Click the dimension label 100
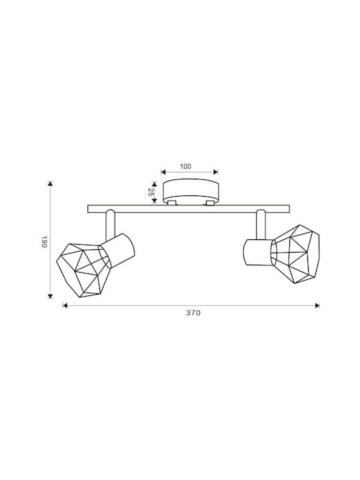pos(185,167)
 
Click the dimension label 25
pos(150,192)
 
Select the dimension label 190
pos(44,242)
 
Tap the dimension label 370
pos(193,313)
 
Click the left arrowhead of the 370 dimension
pos(65,305)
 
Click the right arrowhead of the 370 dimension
pos(317,305)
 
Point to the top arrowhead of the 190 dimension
pos(51,184)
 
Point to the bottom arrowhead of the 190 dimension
pos(51,296)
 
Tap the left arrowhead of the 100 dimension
pos(163,172)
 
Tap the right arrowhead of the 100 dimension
pos(215,172)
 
